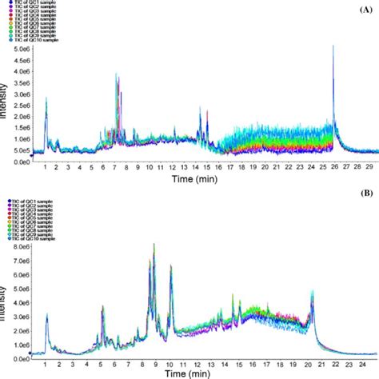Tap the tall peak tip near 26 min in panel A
pos(333,46)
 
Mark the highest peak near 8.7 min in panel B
pos(154,244)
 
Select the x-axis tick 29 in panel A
pos(368,170)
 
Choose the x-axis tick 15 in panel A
pos(207,170)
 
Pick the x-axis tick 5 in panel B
pos(102,361)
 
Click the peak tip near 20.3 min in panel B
pos(312,291)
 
